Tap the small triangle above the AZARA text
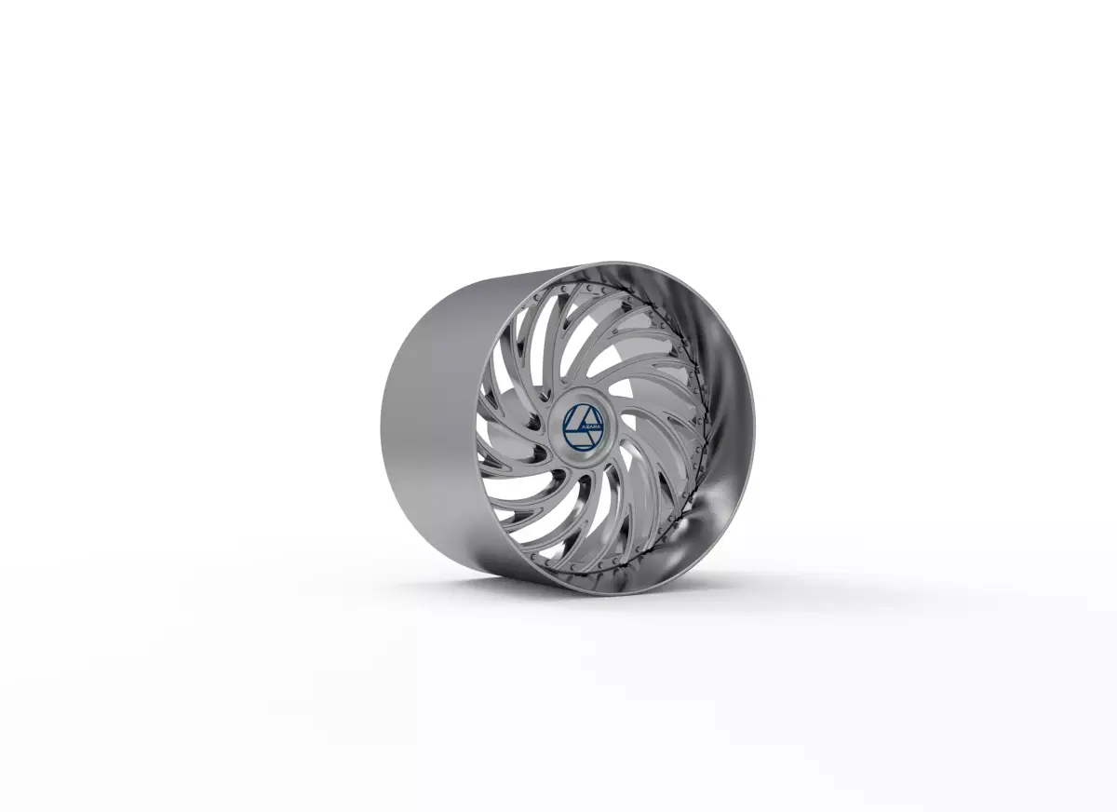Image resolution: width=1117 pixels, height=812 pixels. tap(584, 414)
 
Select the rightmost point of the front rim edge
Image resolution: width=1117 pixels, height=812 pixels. tap(753, 410)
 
